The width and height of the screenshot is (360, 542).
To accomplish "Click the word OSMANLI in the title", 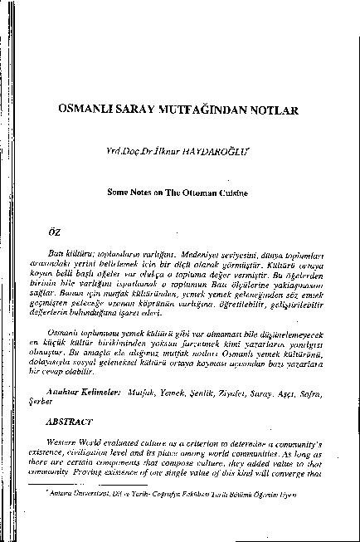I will pos(87,109).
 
